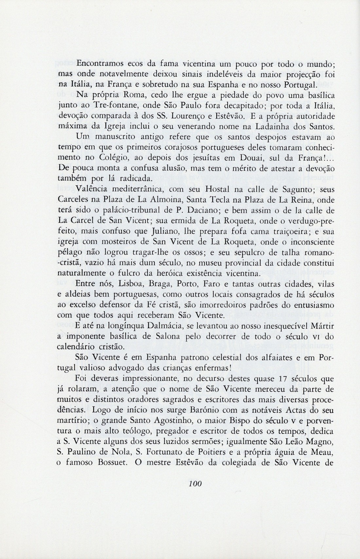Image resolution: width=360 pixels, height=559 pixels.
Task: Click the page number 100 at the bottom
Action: click(193, 483)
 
